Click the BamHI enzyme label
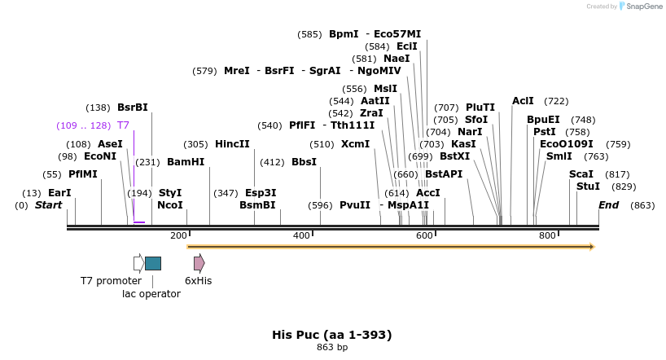(185, 162)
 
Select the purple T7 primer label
(123, 125)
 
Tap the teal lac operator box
(153, 263)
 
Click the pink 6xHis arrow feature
(199, 262)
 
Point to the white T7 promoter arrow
(138, 262)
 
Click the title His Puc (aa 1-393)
(332, 335)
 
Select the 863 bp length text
(332, 348)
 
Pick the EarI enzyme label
(59, 193)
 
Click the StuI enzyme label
(588, 187)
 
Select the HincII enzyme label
(232, 143)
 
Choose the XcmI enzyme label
(355, 143)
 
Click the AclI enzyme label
(523, 101)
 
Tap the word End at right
(609, 205)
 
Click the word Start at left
(48, 205)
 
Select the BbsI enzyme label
(304, 162)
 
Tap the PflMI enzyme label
(82, 174)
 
